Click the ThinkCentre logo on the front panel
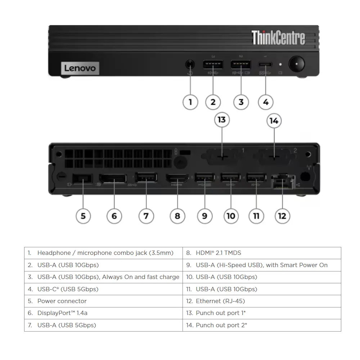coord(278,38)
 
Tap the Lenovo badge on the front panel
coord(80,68)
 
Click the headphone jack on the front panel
coord(190,65)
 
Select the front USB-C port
coord(265,65)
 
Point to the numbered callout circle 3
coord(241,102)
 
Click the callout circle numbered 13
coord(222,119)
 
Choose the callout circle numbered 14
coord(274,121)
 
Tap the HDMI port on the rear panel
coord(177,178)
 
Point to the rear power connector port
coord(82,179)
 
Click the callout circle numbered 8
coord(177,216)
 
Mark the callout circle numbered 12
coord(282,216)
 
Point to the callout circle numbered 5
coord(83,216)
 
